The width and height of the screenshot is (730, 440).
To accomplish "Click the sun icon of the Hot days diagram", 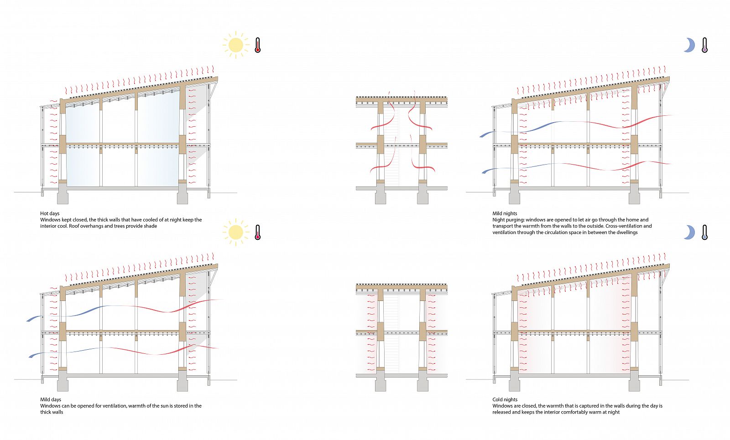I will click(236, 45).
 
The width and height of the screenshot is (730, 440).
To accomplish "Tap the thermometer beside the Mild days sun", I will click(257, 232).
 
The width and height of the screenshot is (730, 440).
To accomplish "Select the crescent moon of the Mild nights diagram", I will click(689, 45).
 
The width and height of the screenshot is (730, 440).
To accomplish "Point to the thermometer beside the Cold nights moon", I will click(704, 232).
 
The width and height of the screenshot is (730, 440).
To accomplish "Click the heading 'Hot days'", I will click(50, 213).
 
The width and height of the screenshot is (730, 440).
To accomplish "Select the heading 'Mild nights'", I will click(505, 213).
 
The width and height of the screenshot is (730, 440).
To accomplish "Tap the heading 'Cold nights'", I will click(505, 399).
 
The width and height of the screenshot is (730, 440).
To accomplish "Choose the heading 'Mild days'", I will click(50, 399).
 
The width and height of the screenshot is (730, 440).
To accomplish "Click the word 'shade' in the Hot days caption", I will click(151, 226).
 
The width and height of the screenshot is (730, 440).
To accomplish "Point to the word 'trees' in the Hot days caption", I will click(120, 226).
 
